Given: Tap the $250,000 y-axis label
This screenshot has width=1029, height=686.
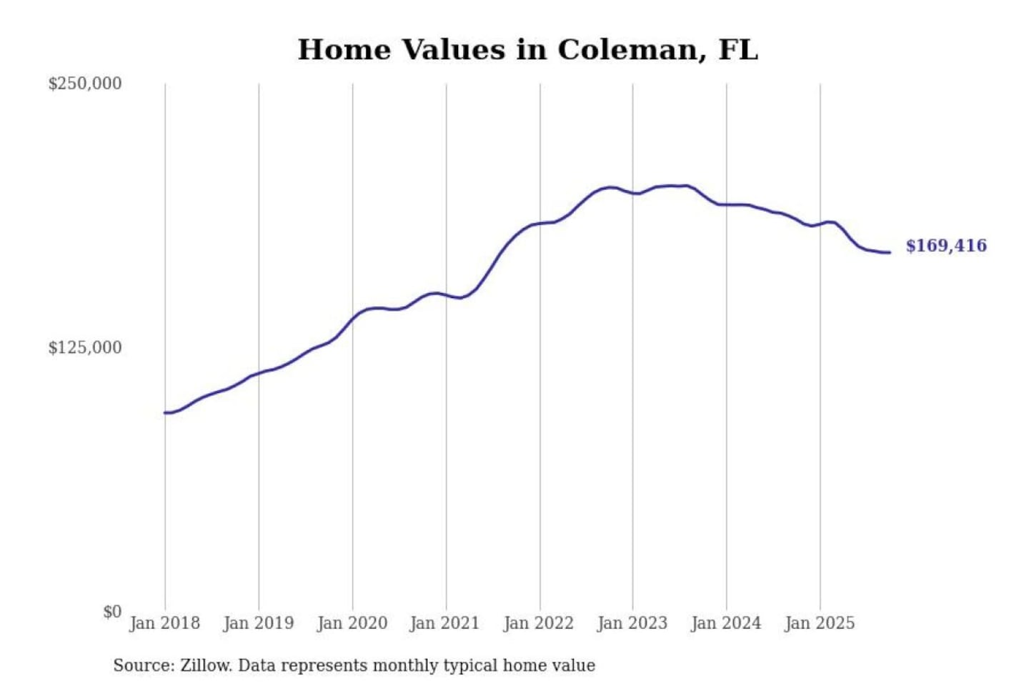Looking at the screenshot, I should (x=84, y=84).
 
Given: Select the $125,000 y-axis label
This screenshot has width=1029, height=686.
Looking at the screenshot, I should (x=84, y=348).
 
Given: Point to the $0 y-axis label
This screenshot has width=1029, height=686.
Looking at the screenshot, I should (x=112, y=612).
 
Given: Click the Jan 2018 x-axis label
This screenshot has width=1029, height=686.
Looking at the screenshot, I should (x=165, y=623).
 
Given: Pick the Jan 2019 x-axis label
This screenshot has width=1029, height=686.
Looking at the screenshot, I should (x=259, y=623).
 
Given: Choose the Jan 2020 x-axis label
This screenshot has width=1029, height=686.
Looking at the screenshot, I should (x=352, y=623).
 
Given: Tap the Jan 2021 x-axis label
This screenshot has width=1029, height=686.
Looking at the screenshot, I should (x=444, y=623).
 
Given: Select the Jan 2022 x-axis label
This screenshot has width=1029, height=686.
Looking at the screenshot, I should (x=539, y=623).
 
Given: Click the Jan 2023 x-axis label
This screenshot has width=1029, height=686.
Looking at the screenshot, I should (x=632, y=623).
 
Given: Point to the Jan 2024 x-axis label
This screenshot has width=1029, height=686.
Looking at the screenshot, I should (x=726, y=623).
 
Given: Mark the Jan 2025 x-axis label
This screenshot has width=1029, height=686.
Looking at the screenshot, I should (x=820, y=623).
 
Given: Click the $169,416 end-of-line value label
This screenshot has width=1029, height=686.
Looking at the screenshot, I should (x=946, y=246).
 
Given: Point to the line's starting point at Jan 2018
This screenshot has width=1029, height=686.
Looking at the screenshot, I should (x=165, y=413).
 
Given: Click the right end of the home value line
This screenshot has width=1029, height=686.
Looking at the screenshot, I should (x=890, y=252).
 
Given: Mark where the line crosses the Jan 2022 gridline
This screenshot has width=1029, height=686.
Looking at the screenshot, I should (x=540, y=224).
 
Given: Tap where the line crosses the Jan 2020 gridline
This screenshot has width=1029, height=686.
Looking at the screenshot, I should (x=352, y=317).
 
